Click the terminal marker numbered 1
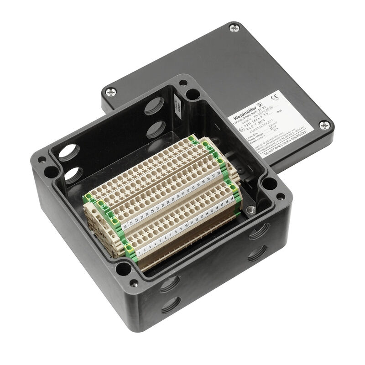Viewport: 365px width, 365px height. click(138, 251)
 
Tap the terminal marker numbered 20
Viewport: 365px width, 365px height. click(131, 224)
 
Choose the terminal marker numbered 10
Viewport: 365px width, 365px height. click(187, 225)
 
